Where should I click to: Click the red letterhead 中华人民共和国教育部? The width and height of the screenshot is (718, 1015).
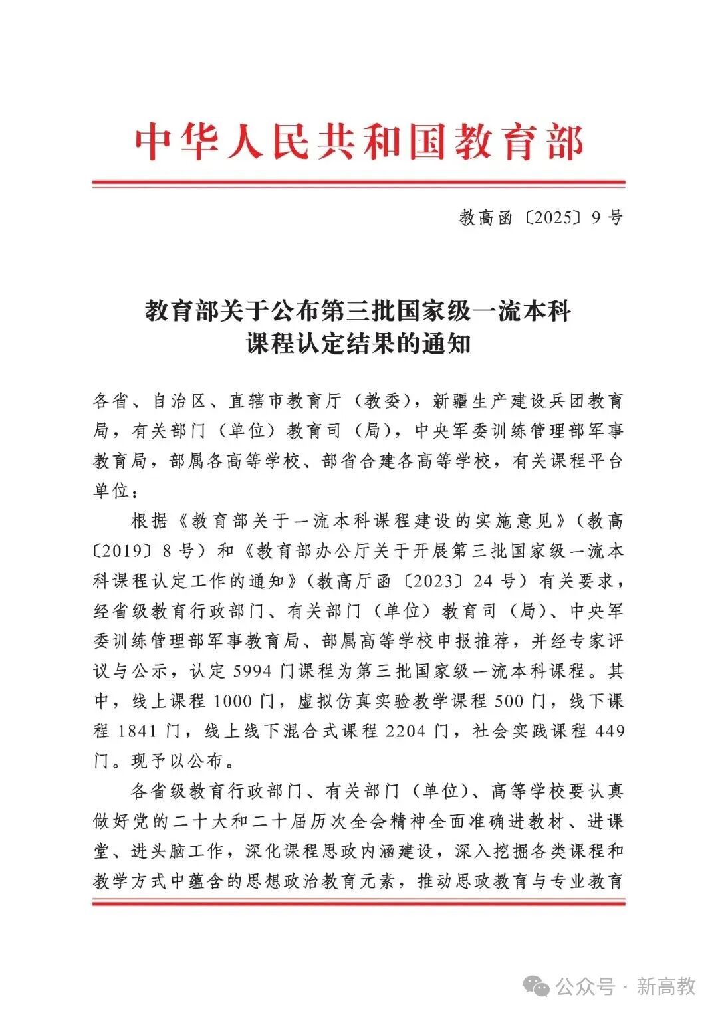click(359, 142)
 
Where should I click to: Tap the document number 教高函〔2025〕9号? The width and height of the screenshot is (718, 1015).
click(540, 217)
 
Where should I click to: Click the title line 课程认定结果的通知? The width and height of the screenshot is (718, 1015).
click(359, 344)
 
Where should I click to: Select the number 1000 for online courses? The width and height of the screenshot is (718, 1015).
click(233, 701)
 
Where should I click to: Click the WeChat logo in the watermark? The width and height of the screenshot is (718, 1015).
click(537, 986)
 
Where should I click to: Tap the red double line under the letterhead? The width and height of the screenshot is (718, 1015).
click(359, 183)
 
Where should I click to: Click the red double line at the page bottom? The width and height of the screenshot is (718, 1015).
click(359, 902)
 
